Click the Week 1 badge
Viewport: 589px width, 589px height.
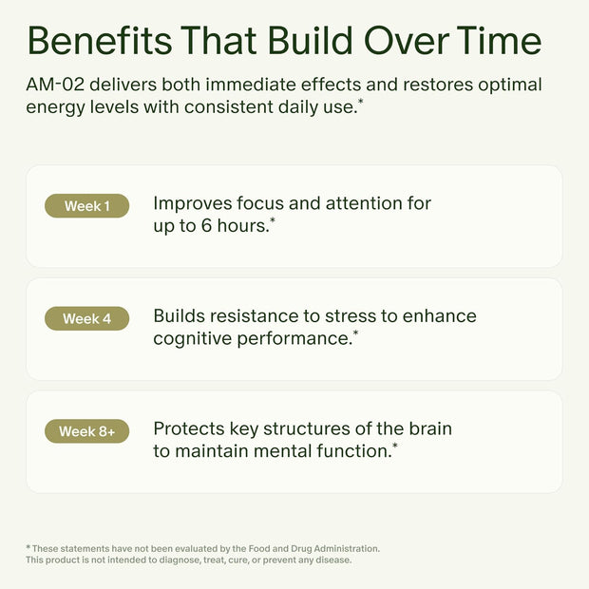click(86, 206)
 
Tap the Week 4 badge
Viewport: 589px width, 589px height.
click(86, 318)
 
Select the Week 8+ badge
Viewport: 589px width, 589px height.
click(86, 431)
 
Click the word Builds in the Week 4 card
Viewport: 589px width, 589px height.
click(180, 315)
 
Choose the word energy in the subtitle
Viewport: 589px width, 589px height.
click(55, 107)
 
